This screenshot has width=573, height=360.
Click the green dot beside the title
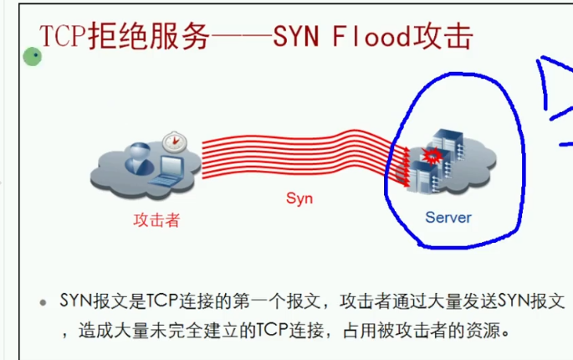tap(33, 57)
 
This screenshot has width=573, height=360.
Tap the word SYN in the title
tap(297, 37)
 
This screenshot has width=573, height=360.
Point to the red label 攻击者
tap(156, 220)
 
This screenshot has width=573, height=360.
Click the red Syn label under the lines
tap(299, 198)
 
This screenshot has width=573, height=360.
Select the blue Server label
tap(448, 218)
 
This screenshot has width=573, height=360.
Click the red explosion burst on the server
tap(432, 156)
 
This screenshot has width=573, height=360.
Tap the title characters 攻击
tap(450, 37)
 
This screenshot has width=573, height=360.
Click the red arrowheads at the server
tap(404, 165)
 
